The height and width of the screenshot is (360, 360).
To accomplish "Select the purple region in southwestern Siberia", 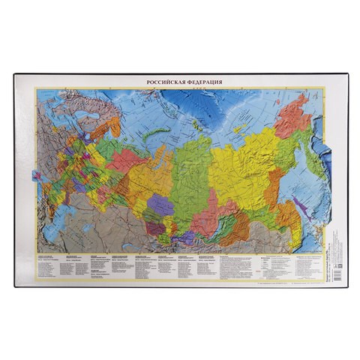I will click(x=159, y=204).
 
